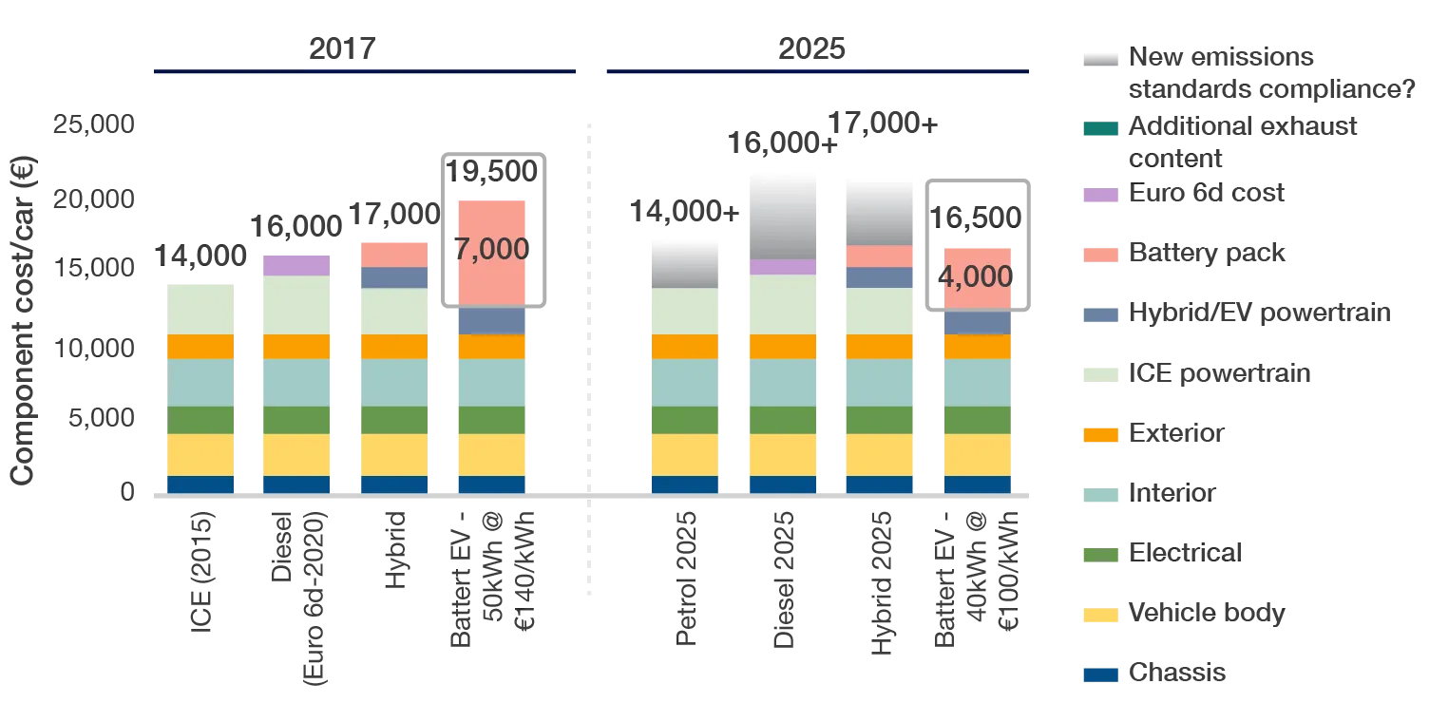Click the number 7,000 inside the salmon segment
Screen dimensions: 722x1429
(491, 250)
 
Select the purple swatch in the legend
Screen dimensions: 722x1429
(1097, 195)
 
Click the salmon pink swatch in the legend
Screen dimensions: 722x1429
(1097, 255)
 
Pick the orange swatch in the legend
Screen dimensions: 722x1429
(1097, 435)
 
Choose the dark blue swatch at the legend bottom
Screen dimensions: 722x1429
(1097, 674)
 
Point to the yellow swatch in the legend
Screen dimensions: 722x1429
(1097, 614)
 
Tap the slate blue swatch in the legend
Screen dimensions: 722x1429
(1097, 314)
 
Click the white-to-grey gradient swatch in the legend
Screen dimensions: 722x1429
(1097, 57)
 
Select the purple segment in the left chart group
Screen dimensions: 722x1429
(295, 263)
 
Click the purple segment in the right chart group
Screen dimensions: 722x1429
(782, 266)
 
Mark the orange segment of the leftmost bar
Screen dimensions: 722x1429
(200, 346)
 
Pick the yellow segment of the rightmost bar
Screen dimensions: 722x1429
(977, 454)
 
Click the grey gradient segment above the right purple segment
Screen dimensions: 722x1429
(782, 213)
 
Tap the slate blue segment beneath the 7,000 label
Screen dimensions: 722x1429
(491, 320)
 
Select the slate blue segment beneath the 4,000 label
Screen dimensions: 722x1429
(977, 323)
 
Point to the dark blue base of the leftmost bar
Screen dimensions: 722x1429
(200, 484)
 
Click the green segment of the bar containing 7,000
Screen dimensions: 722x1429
(491, 420)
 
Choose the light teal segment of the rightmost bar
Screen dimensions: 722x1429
(977, 382)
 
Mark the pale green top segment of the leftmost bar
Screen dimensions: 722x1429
(200, 307)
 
